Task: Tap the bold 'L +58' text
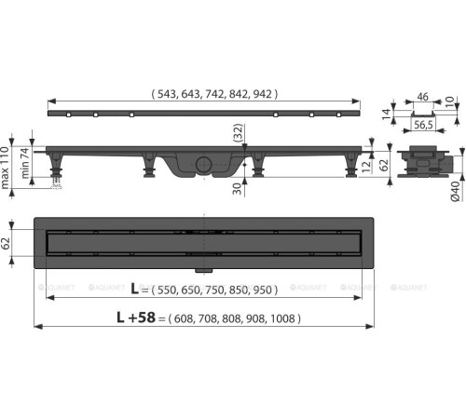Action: [x=136, y=318]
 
